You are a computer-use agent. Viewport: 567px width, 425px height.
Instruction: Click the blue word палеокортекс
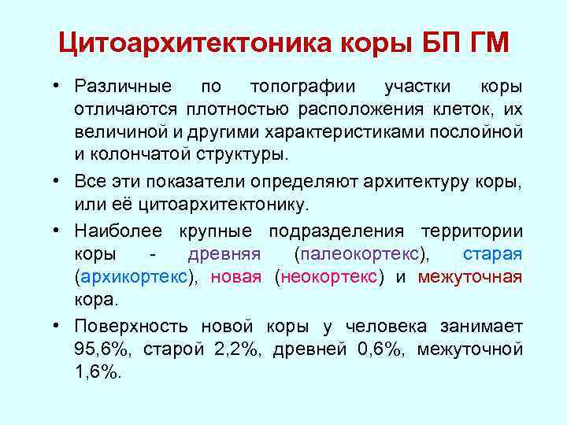coord(362,255)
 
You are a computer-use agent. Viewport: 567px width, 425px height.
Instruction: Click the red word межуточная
coord(469,277)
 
